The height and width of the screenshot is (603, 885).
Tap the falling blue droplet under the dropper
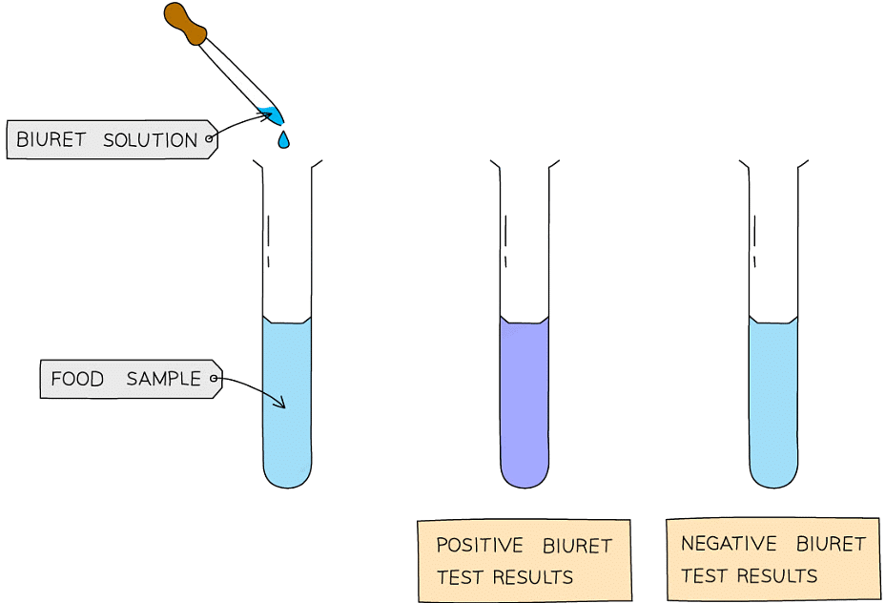tap(283, 140)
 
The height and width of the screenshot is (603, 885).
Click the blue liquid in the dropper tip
tap(275, 116)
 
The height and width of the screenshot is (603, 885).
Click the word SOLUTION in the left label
tap(150, 139)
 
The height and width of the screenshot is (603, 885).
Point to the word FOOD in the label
tap(77, 379)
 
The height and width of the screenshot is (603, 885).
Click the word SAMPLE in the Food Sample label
tap(163, 379)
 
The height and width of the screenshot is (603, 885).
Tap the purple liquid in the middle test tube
tap(524, 401)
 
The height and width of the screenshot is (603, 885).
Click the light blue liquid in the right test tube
tap(772, 401)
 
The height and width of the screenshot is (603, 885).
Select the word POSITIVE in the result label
tap(480, 546)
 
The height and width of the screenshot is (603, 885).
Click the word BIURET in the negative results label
tap(831, 544)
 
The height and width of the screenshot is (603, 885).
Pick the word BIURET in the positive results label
tap(577, 546)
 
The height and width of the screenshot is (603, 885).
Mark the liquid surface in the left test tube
tap(287, 322)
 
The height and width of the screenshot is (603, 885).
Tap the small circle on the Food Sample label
tap(214, 380)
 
